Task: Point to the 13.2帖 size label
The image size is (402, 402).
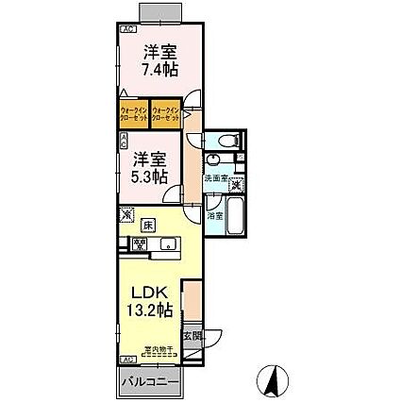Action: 148,310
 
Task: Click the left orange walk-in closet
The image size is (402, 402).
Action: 134,113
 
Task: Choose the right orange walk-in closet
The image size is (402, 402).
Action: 166,113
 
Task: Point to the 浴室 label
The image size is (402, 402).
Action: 214,215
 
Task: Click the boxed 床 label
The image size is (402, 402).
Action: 148,225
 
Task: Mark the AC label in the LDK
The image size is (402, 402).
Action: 126,360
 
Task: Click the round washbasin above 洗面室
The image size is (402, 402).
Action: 232,159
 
